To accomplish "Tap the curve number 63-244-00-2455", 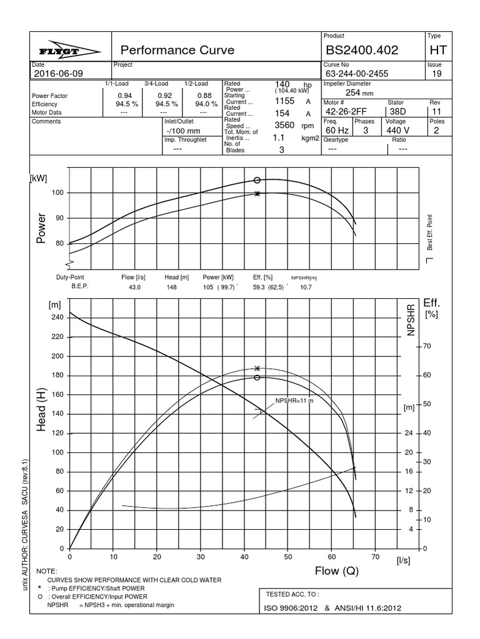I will point(356,74).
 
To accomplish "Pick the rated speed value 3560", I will point(284,125).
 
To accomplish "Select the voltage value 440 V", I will point(397,131).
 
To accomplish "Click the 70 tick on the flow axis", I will point(375,557).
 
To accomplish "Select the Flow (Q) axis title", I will point(336,571).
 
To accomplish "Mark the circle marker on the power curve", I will point(257,180).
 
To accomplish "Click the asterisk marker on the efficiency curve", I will point(257,369).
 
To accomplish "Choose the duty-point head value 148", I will point(172,287).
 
